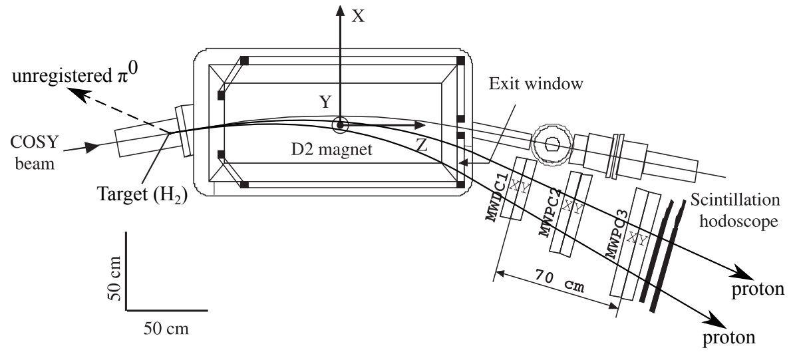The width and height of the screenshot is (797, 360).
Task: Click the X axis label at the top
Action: click(358, 16)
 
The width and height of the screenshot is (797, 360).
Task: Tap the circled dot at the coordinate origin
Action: click(340, 124)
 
